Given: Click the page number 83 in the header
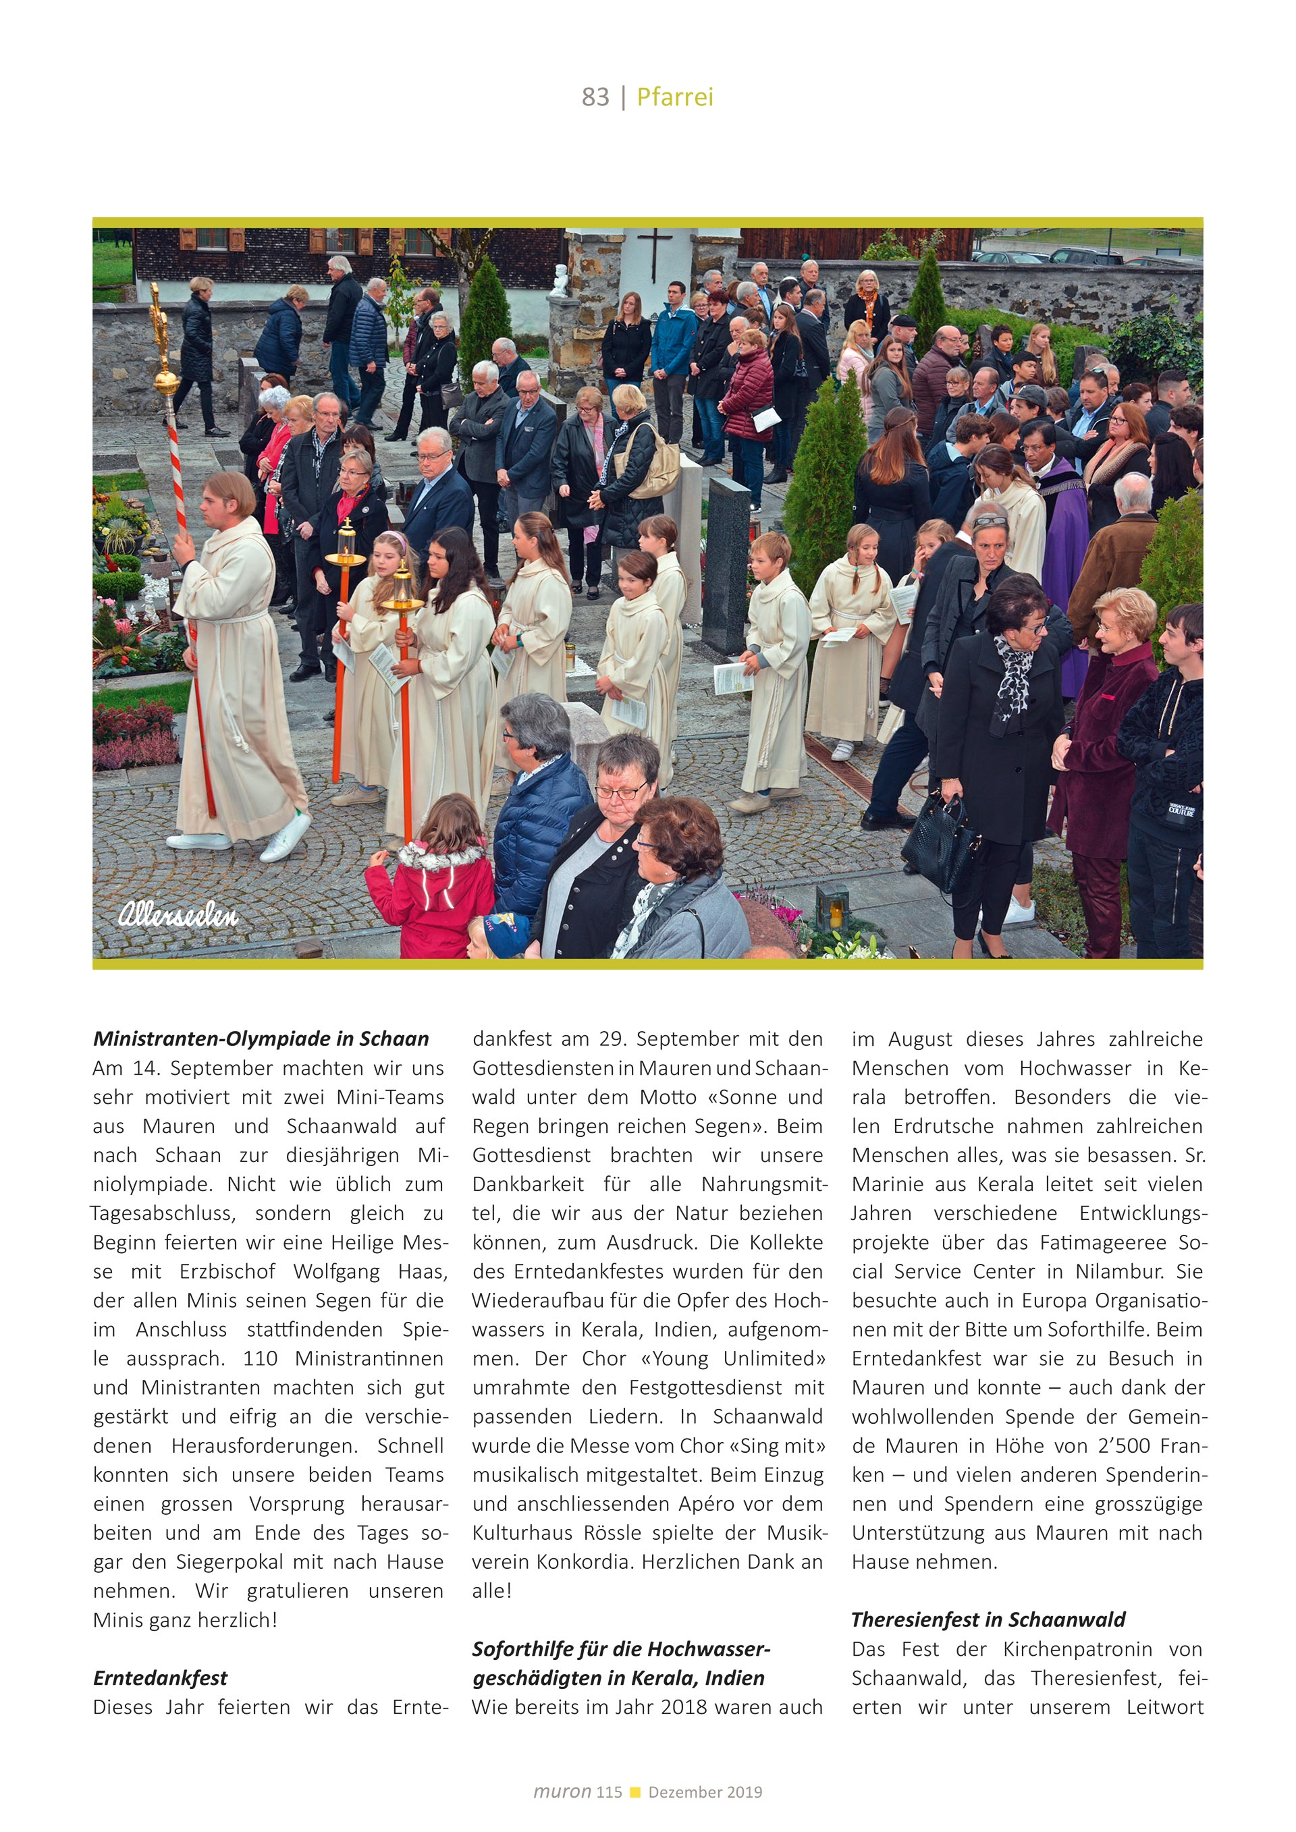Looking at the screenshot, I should click(595, 96).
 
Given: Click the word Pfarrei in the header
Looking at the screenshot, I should click(674, 96).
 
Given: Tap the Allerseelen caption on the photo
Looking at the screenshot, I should click(178, 914).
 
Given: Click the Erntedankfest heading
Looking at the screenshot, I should click(161, 1677).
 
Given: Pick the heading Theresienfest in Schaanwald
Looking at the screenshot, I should click(988, 1619).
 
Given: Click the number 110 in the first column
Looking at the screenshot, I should click(260, 1358).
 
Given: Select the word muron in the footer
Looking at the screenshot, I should click(562, 1792).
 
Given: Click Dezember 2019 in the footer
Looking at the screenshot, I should click(705, 1792).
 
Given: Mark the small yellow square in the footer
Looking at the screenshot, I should click(635, 1792).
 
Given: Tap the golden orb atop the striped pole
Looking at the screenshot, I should click(167, 381).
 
